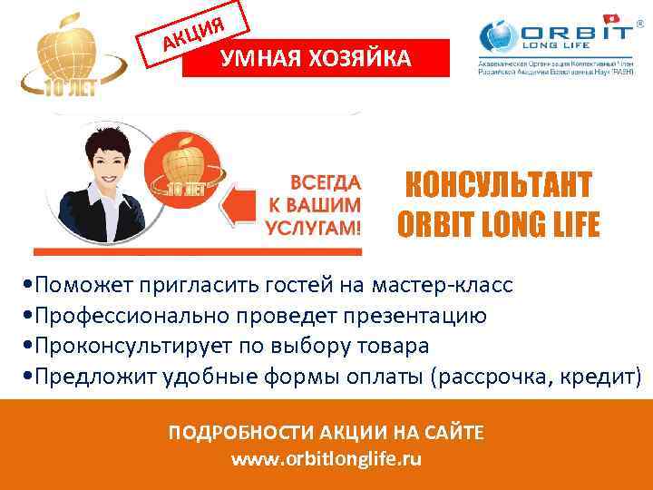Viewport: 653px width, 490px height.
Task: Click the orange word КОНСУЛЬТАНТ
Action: click(x=497, y=186)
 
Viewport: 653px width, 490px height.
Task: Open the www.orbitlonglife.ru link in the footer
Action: click(x=326, y=459)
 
